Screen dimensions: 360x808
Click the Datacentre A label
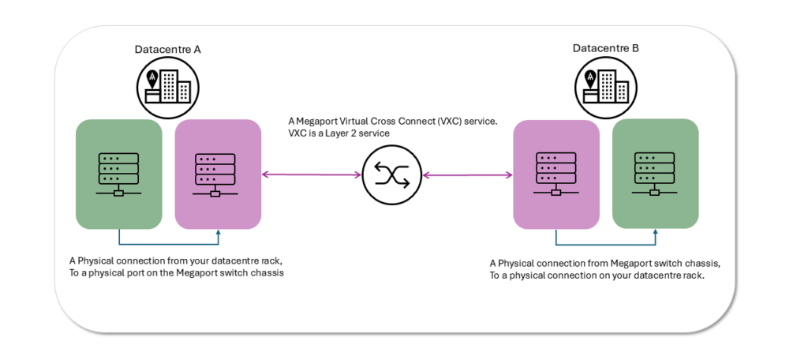click(167, 49)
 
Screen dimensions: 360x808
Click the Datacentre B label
click(605, 49)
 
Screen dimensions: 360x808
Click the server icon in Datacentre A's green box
click(118, 174)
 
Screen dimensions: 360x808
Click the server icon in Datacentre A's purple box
click(217, 174)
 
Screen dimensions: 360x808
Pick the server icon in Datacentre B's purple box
click(556, 174)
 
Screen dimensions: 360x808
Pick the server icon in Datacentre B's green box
click(655, 174)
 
